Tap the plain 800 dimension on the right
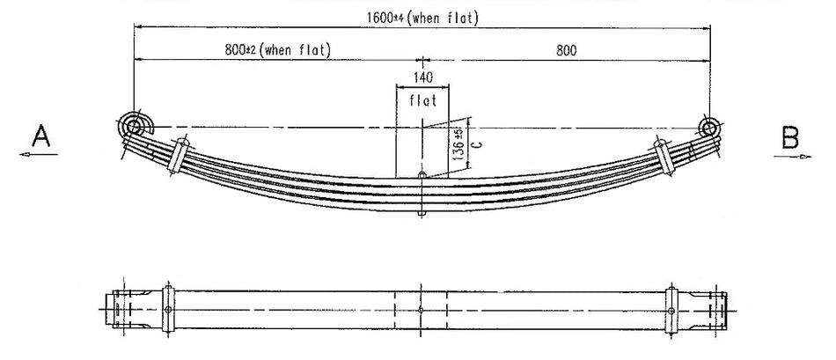(x=566, y=50)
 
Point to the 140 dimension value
(x=422, y=77)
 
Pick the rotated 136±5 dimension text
(x=456, y=143)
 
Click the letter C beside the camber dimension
(x=473, y=143)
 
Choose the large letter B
(x=790, y=136)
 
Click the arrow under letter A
(x=36, y=156)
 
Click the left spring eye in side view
(x=133, y=128)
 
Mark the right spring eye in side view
(x=709, y=128)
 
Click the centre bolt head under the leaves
(x=422, y=212)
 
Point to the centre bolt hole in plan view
(x=422, y=309)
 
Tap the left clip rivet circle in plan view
(x=167, y=309)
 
